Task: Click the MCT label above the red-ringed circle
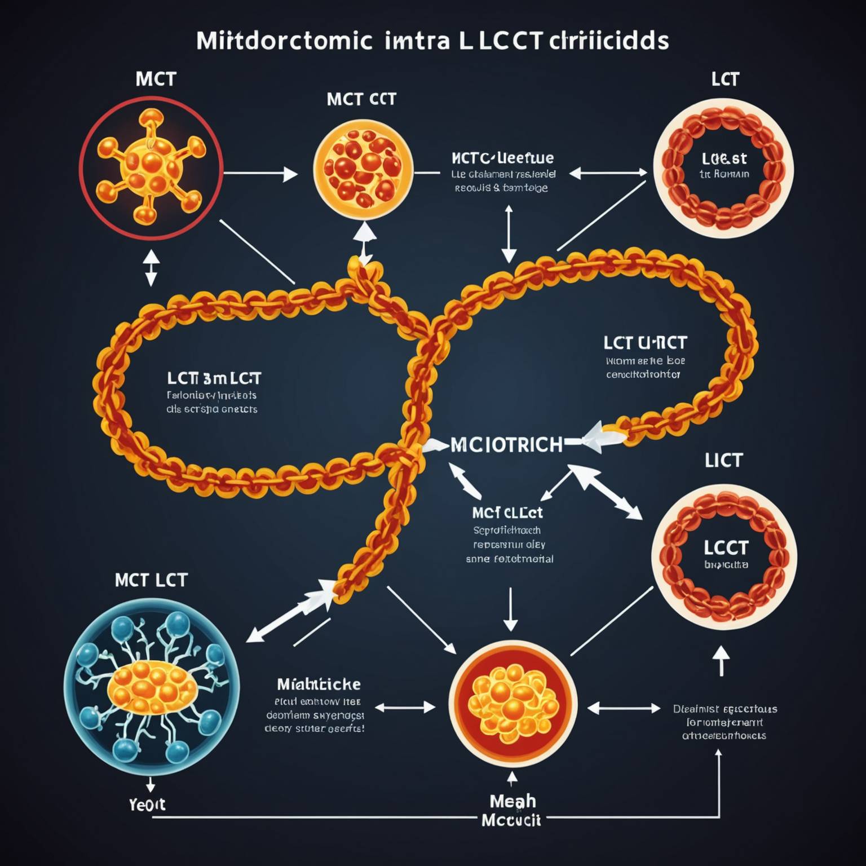(x=156, y=79)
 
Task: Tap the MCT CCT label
(x=361, y=99)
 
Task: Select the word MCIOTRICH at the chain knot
(x=506, y=445)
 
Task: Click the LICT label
(x=723, y=461)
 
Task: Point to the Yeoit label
(x=147, y=804)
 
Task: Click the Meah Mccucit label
(x=512, y=810)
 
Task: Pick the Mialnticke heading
(x=319, y=684)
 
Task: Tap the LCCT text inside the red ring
(x=726, y=547)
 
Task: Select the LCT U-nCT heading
(x=645, y=343)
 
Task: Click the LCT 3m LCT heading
(x=214, y=378)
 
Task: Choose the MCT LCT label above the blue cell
(x=151, y=580)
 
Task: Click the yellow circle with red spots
(x=363, y=170)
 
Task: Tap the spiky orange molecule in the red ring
(x=151, y=167)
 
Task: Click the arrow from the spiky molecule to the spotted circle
(x=260, y=174)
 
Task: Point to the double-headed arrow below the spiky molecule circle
(x=151, y=268)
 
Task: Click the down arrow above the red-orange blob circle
(x=510, y=609)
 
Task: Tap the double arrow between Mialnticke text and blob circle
(x=405, y=708)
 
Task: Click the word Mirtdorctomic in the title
(x=284, y=41)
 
